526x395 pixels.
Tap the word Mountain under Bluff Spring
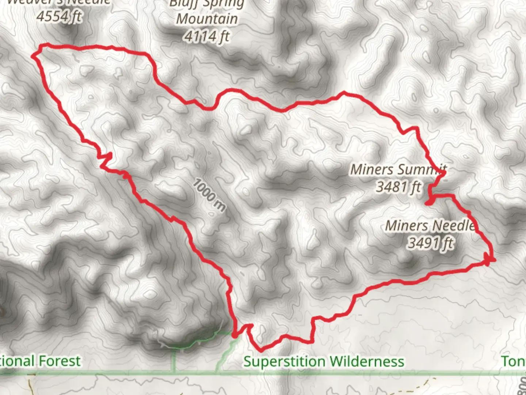pos(207,19)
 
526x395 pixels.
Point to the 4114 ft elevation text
pos(207,36)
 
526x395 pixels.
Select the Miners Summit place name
pos(398,170)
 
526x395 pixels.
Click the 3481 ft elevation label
pos(398,187)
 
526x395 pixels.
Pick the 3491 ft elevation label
pos(430,243)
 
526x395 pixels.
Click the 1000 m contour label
pos(209,195)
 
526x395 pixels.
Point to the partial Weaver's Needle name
pos(58,2)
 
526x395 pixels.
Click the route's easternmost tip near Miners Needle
pos(493,260)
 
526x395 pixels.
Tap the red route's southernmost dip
pos(261,350)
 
